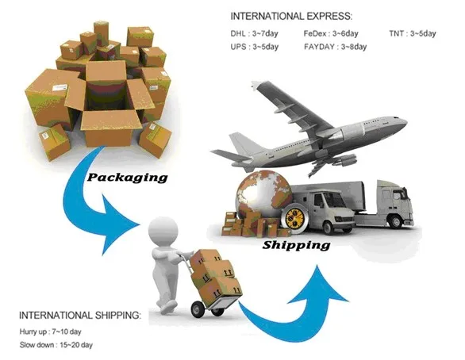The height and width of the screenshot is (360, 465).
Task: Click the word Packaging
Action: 127,178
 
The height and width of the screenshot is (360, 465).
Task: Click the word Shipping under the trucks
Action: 296,245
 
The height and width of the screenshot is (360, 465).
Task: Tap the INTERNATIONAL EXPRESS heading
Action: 291,16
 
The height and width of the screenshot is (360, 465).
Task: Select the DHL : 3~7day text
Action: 254,33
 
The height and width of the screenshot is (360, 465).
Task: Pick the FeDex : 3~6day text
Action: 331,33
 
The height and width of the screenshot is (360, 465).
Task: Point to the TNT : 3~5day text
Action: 413,33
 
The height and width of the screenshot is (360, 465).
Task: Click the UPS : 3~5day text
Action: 255,47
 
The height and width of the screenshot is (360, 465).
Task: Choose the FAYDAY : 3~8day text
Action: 335,47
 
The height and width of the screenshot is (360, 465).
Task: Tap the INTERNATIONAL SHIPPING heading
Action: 80,316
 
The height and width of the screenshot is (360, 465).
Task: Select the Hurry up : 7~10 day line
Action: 51,331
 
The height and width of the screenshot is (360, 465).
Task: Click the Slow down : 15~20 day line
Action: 56,345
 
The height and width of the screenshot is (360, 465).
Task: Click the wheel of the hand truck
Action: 198,309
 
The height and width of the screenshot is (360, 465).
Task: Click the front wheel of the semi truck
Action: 396,220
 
